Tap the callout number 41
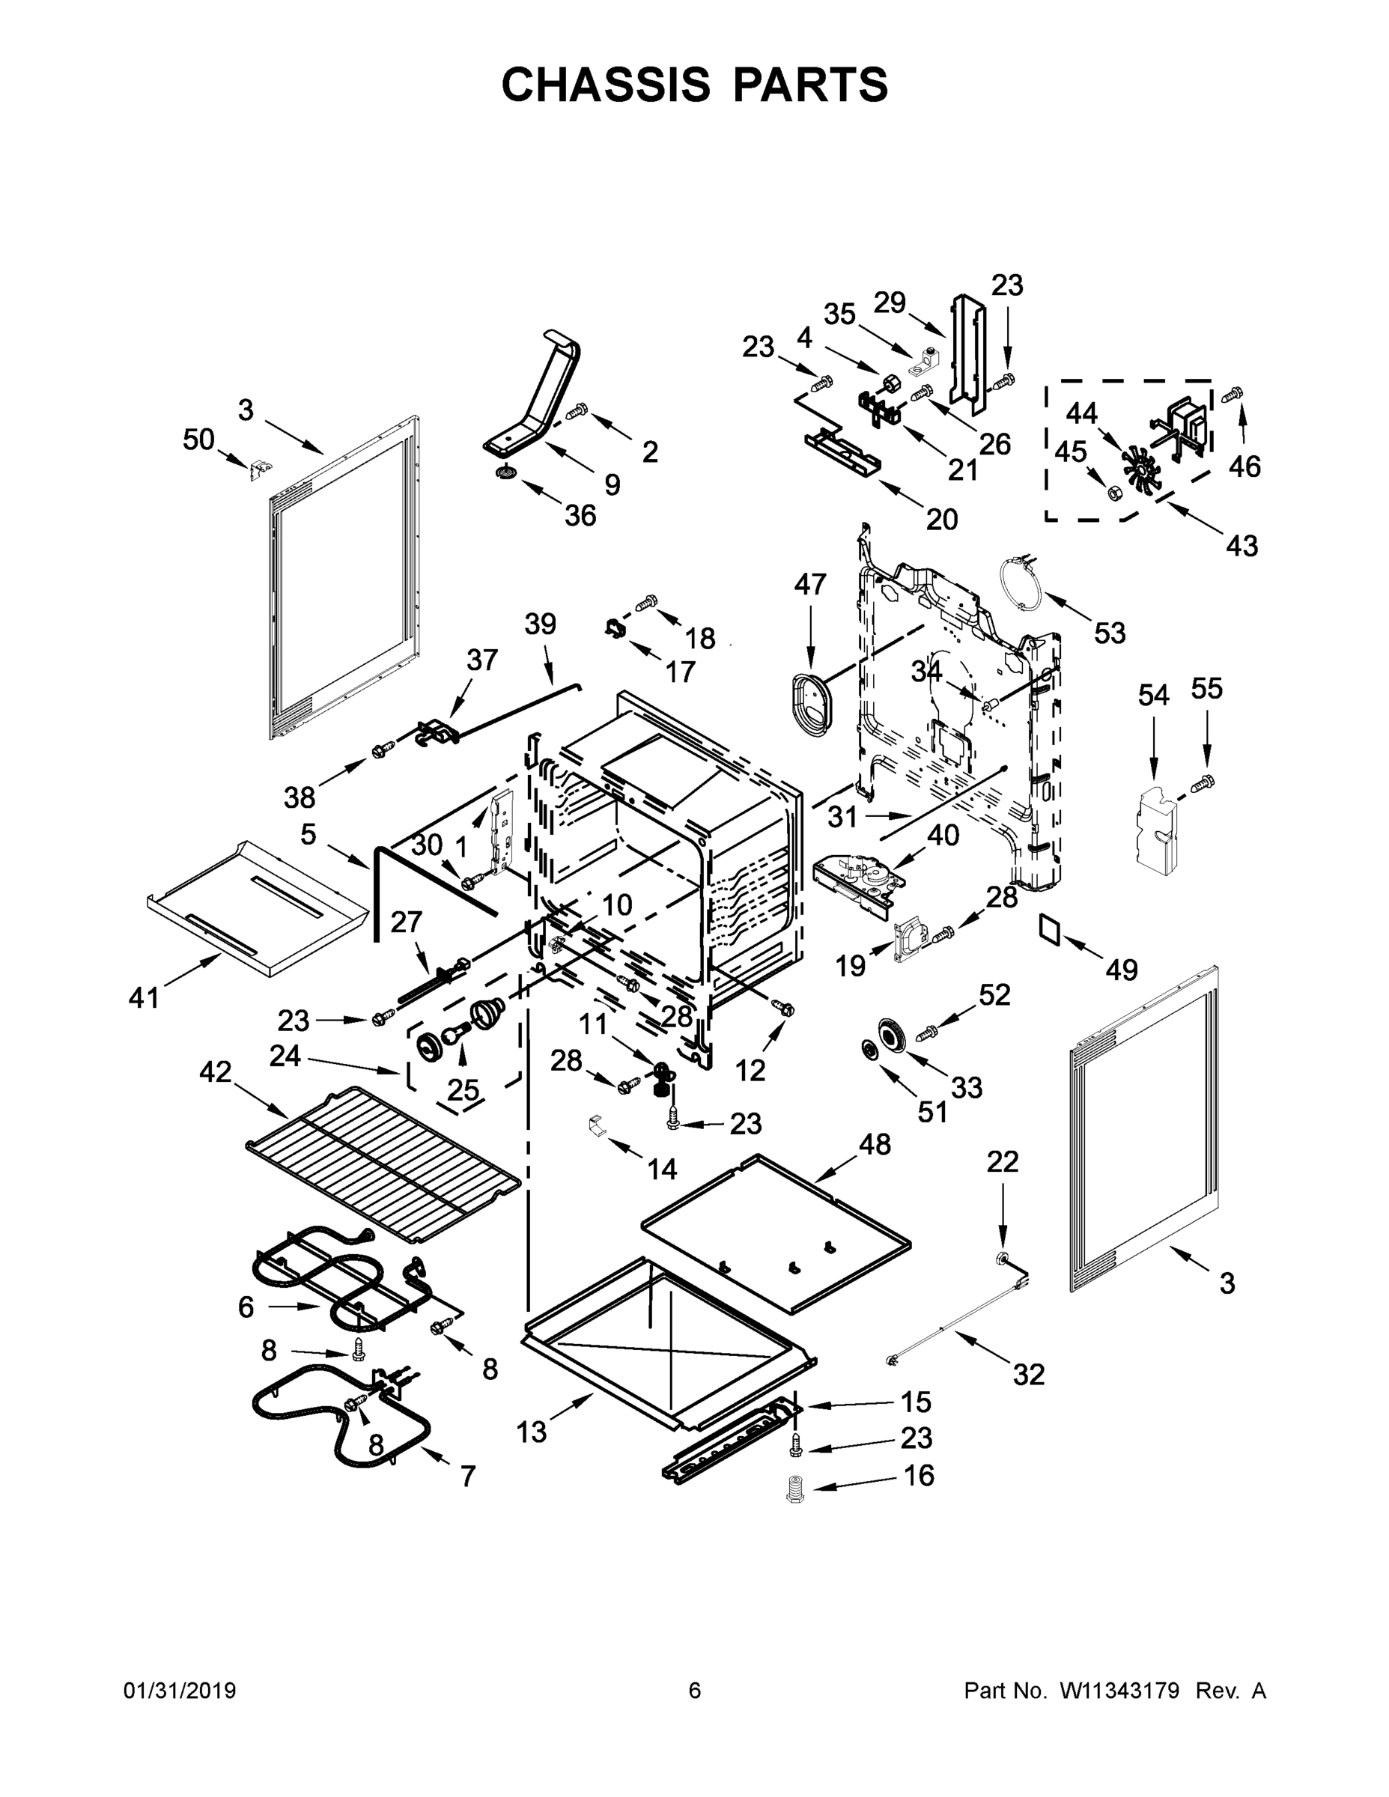coord(144,998)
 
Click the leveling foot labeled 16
coord(795,1490)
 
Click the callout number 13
coord(532,1432)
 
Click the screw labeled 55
coord(1203,782)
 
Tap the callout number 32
coord(1029,1374)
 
